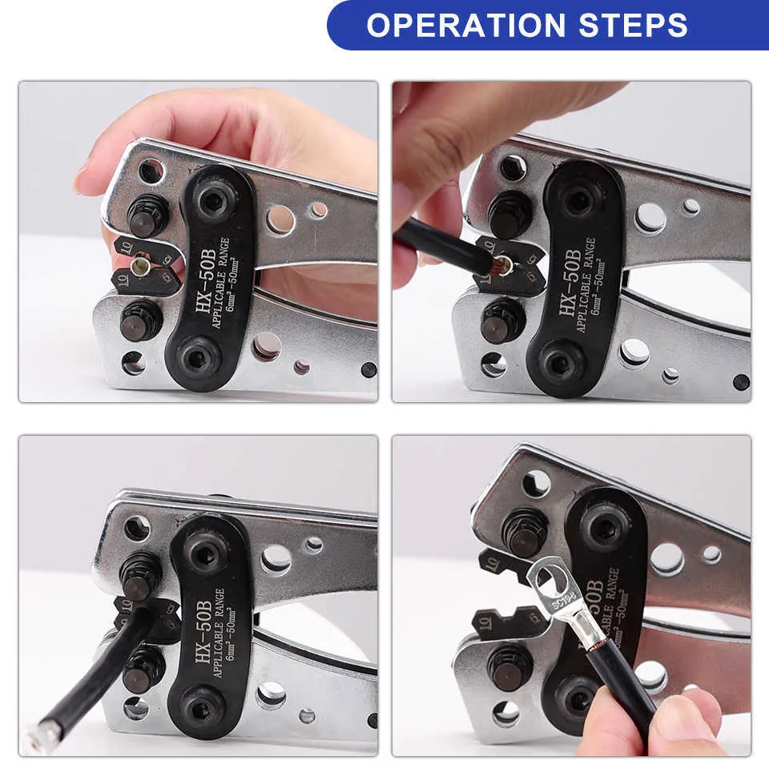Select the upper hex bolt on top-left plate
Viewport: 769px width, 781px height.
pyautogui.click(x=214, y=203)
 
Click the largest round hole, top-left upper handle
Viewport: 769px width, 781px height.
pyautogui.click(x=280, y=219)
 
